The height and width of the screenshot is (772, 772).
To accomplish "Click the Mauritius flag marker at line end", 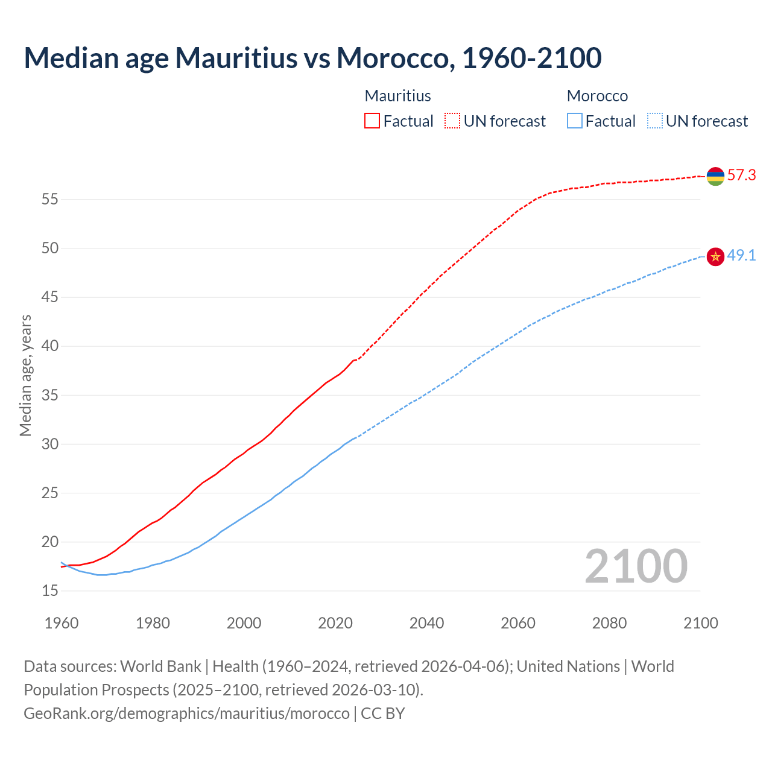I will (715, 176).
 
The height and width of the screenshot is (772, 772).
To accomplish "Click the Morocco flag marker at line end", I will (715, 256).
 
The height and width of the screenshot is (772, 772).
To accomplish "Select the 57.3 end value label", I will (741, 176).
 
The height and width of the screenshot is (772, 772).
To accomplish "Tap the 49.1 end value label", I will (741, 256).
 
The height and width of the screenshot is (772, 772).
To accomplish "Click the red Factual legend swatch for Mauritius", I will (372, 121).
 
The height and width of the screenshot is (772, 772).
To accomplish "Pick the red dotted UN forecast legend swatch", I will (452, 121).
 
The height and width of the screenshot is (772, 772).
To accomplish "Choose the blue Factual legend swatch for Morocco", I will (575, 121).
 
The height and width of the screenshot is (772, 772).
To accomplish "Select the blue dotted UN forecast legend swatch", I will (654, 121).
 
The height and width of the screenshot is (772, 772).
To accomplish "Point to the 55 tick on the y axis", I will (50, 199).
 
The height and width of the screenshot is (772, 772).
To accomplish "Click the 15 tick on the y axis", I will (50, 591).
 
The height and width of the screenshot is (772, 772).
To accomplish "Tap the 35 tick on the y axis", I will (50, 396).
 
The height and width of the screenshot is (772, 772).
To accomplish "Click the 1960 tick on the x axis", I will (62, 623).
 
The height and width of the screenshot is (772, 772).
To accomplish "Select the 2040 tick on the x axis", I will (426, 623).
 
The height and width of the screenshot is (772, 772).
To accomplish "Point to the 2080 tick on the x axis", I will (609, 623).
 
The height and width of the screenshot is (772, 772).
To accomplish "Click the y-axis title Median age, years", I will (25, 375).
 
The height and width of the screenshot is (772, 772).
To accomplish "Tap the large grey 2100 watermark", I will (636, 566).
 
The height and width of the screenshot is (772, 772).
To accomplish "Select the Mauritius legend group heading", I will (397, 96).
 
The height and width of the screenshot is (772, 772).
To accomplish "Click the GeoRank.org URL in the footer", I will (186, 713).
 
